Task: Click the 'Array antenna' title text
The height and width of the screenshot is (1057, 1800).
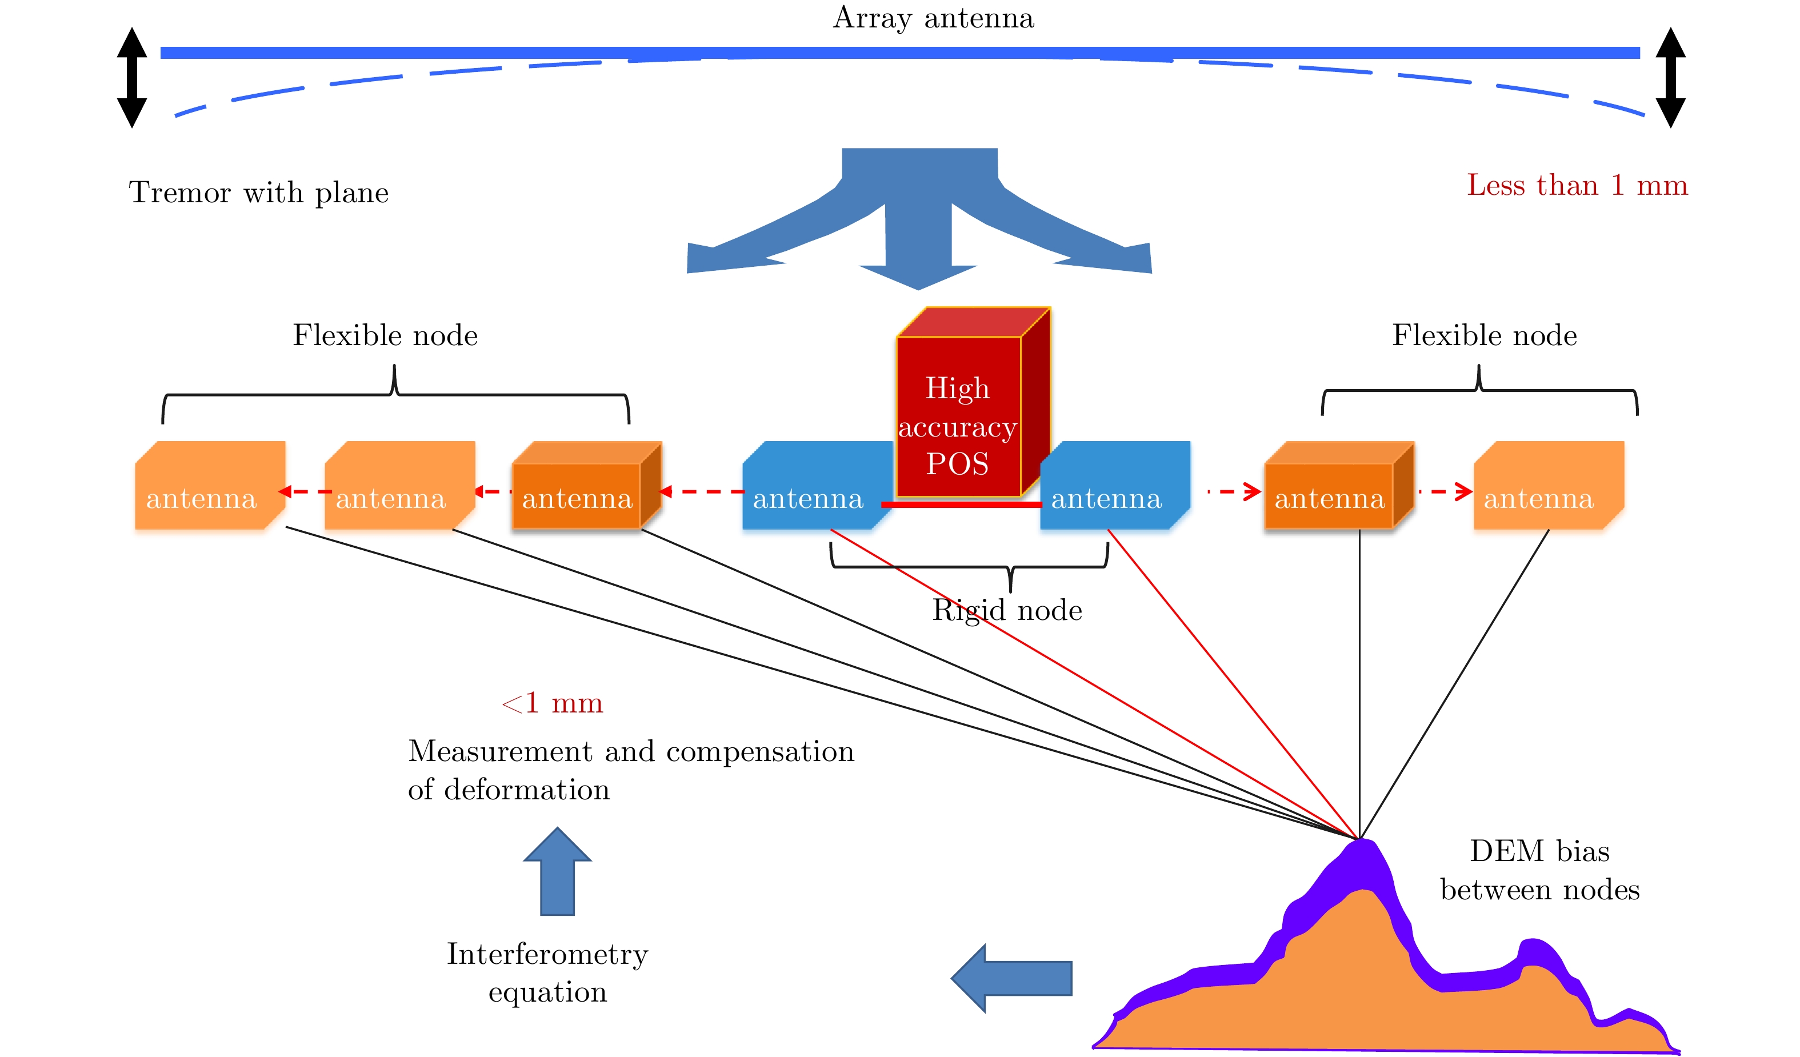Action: [934, 18]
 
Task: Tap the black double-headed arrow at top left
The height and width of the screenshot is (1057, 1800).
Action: [132, 77]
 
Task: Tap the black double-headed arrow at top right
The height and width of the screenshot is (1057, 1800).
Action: [1671, 77]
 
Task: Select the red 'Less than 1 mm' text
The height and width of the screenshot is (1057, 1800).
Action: [1577, 186]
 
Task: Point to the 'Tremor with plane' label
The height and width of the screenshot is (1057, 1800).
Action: [258, 193]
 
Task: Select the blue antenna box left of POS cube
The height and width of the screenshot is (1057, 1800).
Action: [814, 486]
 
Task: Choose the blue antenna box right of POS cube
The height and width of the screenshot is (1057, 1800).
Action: [1114, 486]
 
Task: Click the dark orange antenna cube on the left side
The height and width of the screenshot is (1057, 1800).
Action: [582, 489]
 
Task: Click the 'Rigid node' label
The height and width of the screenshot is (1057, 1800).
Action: [1007, 611]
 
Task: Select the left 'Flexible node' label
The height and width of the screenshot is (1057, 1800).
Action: [385, 336]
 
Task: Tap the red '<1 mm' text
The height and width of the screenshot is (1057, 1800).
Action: [552, 703]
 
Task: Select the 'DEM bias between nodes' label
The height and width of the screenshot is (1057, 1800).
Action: [1539, 870]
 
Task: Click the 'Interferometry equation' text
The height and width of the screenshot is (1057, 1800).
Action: [547, 972]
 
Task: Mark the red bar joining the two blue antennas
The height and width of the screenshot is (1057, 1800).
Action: [961, 504]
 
